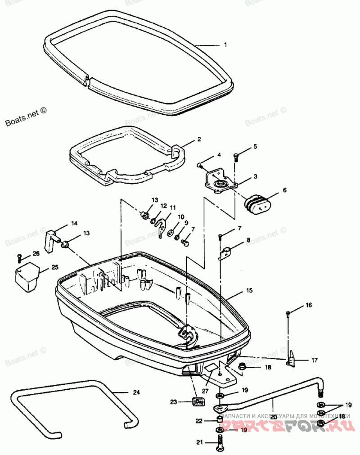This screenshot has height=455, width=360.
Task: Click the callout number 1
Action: coord(225,45)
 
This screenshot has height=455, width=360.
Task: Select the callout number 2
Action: coord(199,140)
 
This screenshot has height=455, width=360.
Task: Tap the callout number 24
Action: coord(136,392)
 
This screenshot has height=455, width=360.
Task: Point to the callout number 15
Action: coord(249,291)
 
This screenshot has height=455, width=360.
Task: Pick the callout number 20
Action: coord(273,417)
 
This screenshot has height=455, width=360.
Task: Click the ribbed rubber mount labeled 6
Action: coord(257,205)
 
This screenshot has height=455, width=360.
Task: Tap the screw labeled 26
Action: coord(19,257)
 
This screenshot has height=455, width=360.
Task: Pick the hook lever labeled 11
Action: coord(162,225)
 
